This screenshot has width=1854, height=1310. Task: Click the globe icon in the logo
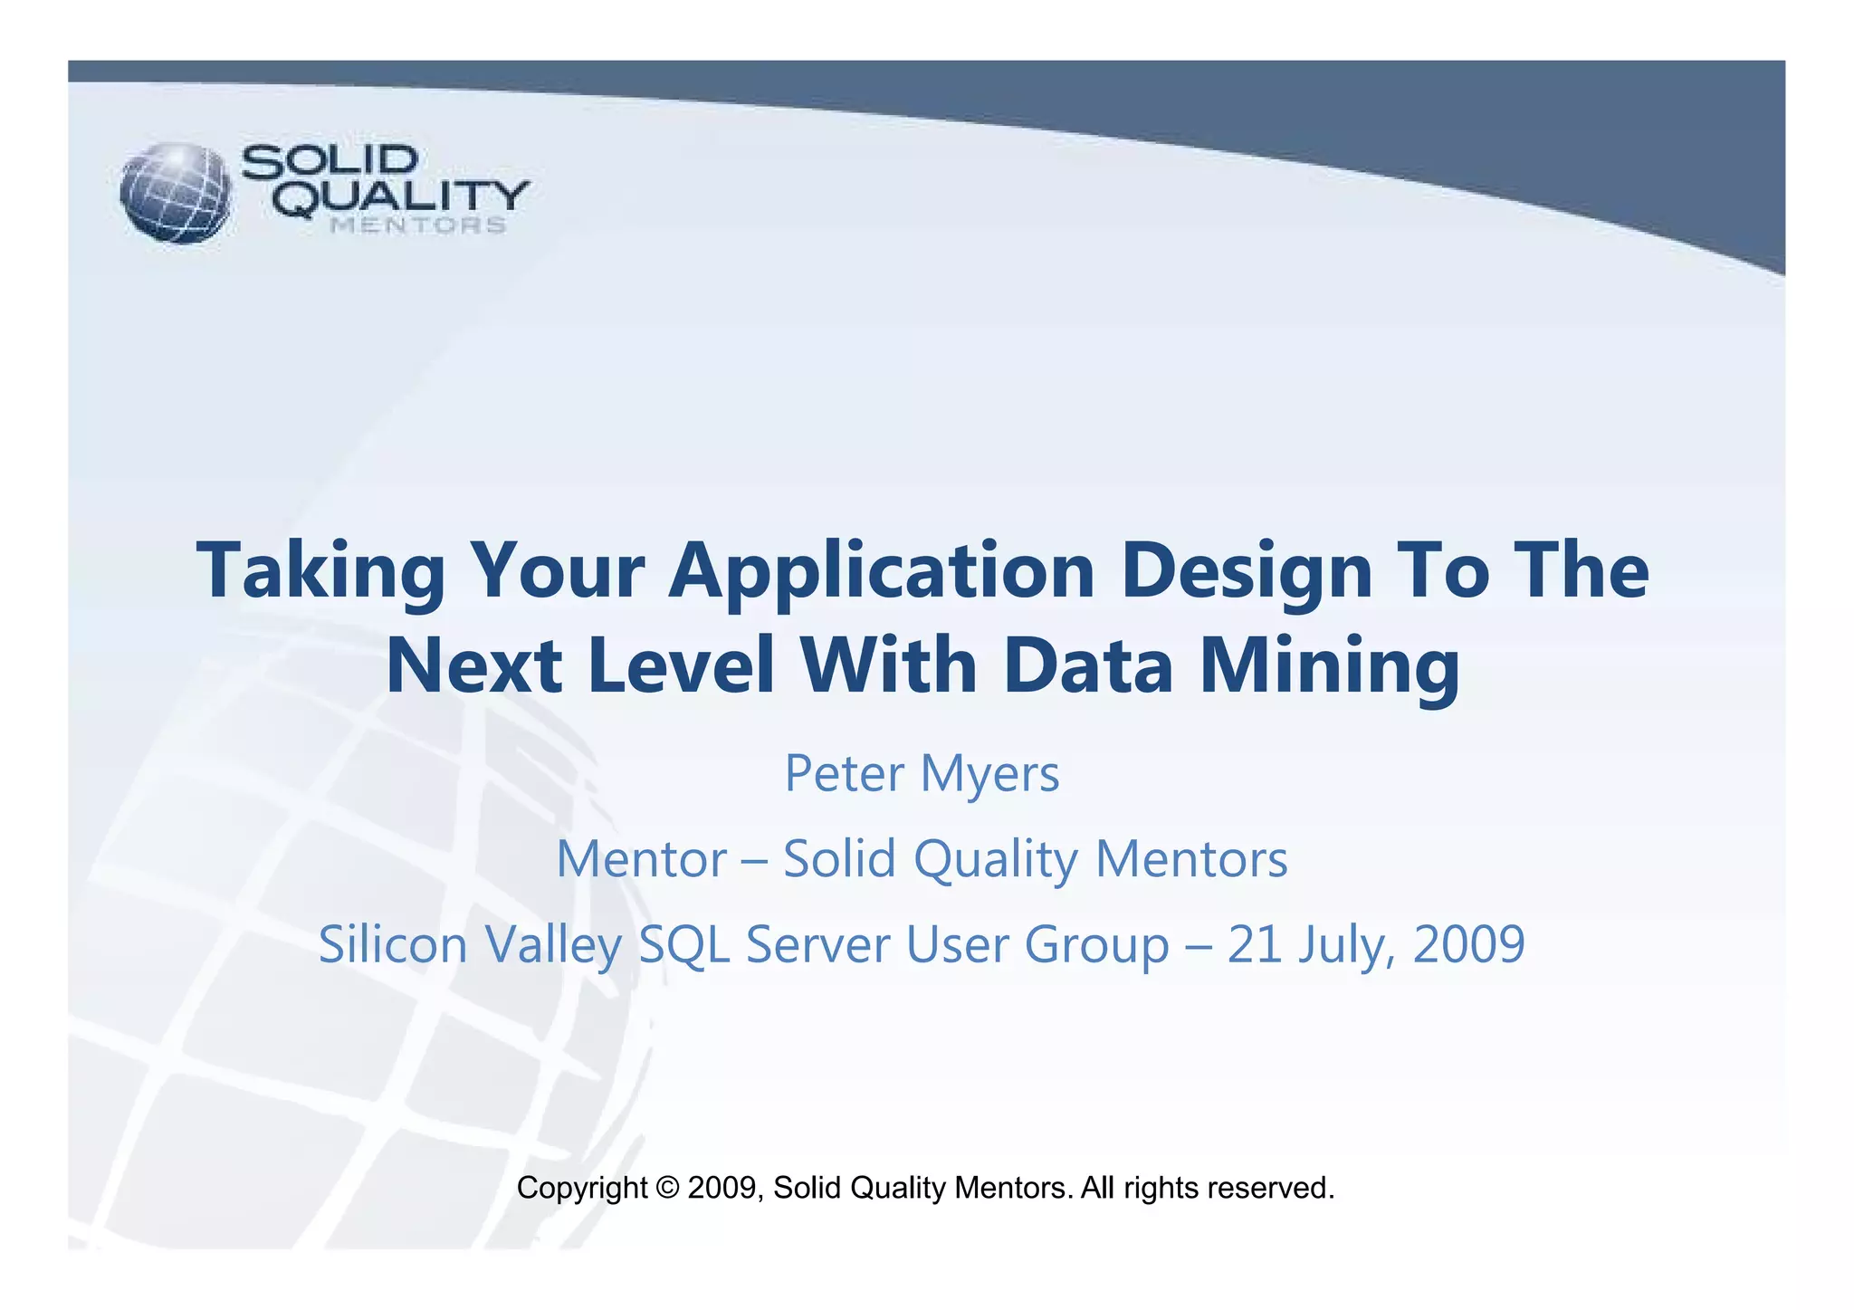(176, 193)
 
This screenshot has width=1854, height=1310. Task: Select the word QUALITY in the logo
(401, 197)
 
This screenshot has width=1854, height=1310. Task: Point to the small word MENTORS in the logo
(417, 225)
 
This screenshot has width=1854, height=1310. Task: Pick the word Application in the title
(882, 572)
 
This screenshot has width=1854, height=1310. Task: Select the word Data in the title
(1088, 667)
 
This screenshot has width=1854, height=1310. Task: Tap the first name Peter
(844, 775)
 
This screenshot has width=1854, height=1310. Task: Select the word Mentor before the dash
(642, 859)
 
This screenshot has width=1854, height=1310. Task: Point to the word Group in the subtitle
(1097, 944)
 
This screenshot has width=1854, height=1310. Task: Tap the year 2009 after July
(1468, 944)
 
